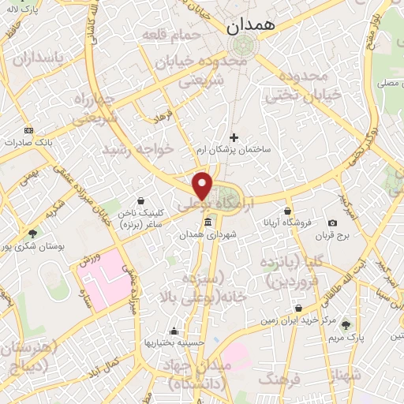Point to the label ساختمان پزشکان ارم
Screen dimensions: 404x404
pyautogui.click(x=233, y=148)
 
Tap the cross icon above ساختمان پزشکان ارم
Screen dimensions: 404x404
pyautogui.click(x=234, y=137)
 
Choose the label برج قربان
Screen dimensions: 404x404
pyautogui.click(x=333, y=235)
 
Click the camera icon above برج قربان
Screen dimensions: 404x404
pyautogui.click(x=333, y=223)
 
